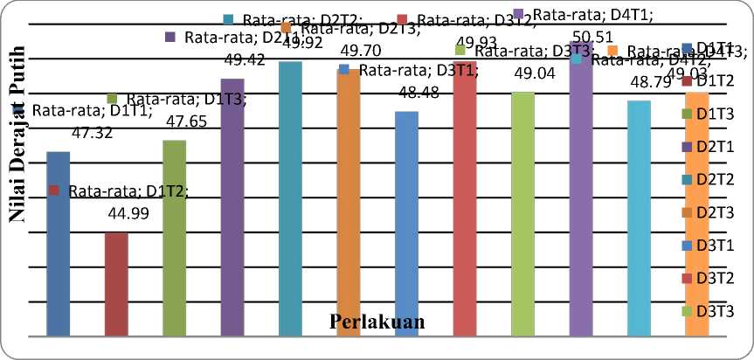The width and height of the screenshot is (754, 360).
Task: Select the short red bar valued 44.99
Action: click(x=115, y=283)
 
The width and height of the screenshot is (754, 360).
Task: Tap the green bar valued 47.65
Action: click(x=174, y=238)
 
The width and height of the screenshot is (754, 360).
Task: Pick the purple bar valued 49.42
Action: click(x=232, y=206)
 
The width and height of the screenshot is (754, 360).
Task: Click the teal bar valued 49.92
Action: click(x=290, y=198)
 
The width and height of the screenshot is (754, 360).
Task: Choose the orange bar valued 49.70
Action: click(x=349, y=202)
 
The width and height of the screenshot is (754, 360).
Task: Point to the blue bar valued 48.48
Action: click(x=406, y=223)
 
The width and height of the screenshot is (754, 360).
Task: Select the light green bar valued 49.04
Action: click(x=522, y=213)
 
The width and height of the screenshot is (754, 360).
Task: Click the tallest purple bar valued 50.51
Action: click(x=581, y=188)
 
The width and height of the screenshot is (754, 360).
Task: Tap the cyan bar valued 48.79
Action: click(x=639, y=218)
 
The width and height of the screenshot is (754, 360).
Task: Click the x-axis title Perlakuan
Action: click(x=377, y=322)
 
